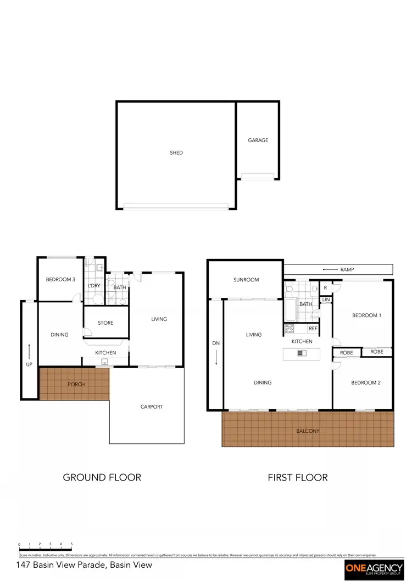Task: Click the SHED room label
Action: [176, 152]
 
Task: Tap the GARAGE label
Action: [258, 140]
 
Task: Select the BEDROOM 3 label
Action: [60, 280]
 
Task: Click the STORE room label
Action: [105, 323]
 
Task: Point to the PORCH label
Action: [76, 385]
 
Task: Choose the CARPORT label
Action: [152, 407]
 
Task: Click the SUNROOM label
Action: [246, 280]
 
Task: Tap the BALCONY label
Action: [308, 431]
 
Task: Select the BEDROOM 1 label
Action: [365, 315]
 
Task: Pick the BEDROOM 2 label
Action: [365, 383]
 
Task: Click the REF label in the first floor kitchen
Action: [313, 329]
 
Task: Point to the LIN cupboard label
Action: [326, 300]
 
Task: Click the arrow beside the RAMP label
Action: [330, 269]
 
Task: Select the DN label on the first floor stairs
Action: [215, 343]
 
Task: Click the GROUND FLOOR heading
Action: [102, 477]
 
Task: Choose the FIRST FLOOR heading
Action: [297, 477]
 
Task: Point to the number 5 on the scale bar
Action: [71, 544]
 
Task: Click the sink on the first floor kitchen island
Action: [302, 353]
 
